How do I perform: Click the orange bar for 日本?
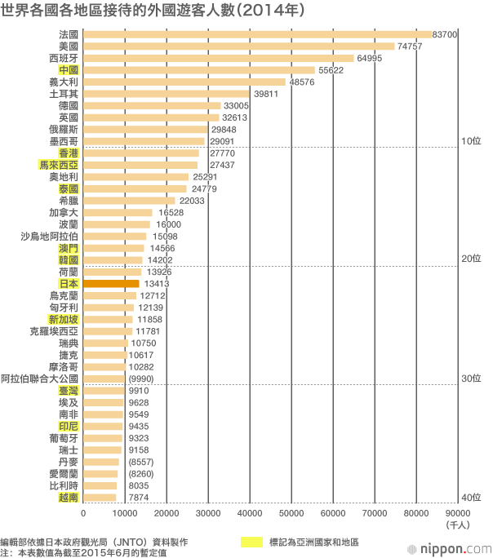tap(112, 284)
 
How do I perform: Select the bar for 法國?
tap(258, 35)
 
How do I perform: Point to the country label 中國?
tap(69, 70)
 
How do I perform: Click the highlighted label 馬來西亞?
tap(59, 165)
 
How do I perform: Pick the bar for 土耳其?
tap(167, 94)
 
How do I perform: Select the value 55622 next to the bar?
tap(331, 70)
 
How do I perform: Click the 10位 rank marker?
tap(471, 140)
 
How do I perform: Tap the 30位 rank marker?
tap(471, 378)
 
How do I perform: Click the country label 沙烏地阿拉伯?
tap(50, 237)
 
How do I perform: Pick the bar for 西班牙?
tap(219, 59)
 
